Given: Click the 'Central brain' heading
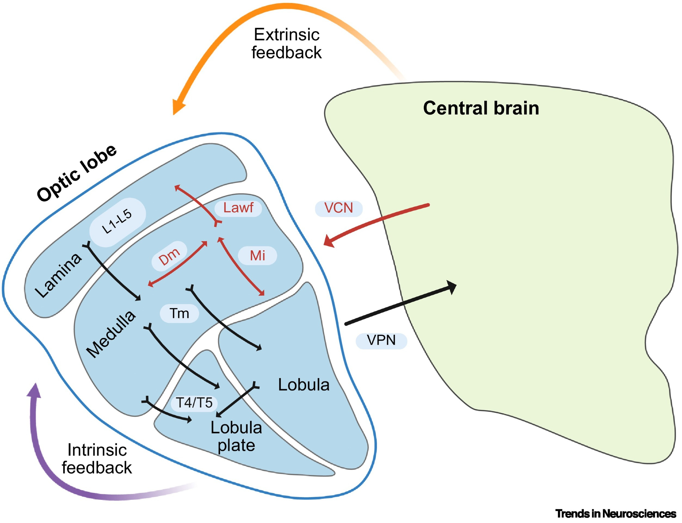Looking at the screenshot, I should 481,108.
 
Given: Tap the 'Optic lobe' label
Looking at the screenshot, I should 77,173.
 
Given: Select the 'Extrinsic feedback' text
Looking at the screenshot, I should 286,44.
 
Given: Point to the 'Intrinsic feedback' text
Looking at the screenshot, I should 97,459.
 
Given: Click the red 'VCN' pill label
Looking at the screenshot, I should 338,208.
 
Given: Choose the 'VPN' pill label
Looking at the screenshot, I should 381,340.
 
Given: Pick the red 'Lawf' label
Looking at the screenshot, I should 238,208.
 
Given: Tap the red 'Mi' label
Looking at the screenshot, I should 257,256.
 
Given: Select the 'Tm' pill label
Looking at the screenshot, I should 179,313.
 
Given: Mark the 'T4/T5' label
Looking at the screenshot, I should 194,403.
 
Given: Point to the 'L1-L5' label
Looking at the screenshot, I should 117,222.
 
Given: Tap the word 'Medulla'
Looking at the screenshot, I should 110,334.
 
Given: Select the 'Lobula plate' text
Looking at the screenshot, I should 236,436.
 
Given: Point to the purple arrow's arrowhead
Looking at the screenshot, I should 34,390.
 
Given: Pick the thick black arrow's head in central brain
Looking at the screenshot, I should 452,287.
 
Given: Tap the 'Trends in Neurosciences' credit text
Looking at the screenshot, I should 616,513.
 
